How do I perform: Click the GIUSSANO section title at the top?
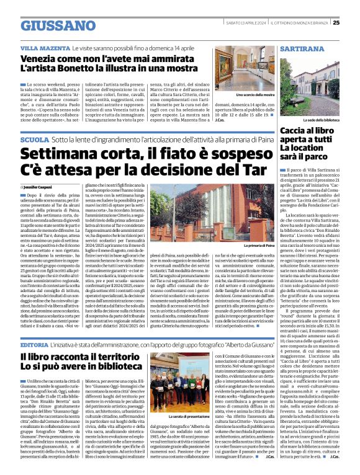pyautogui.click(x=54, y=25)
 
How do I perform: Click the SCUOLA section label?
pyautogui.click(x=35, y=140)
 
